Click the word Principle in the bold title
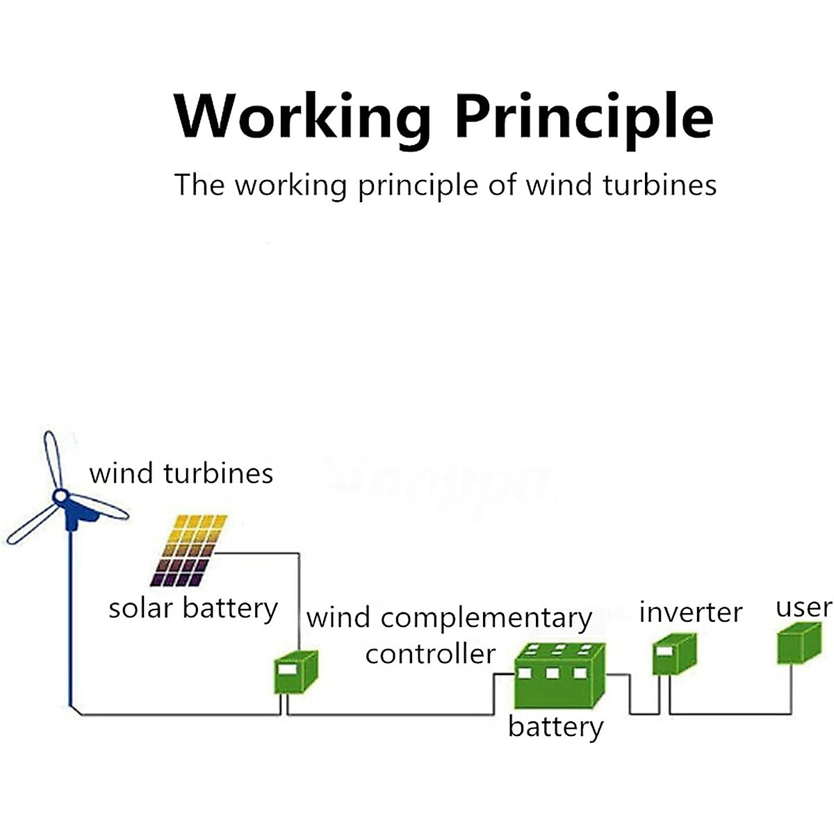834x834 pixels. tap(584, 117)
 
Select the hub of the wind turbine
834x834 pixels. tap(60, 496)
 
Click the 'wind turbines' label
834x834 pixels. tap(181, 474)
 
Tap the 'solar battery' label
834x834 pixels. tap(193, 609)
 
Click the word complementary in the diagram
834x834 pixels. tap(486, 618)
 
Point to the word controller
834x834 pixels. tap(430, 654)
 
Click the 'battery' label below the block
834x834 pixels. tap(555, 728)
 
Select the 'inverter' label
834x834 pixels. tap(690, 613)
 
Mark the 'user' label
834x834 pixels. tap(803, 607)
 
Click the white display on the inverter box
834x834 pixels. tap(664, 652)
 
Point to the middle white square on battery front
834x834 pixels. tap(553, 673)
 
